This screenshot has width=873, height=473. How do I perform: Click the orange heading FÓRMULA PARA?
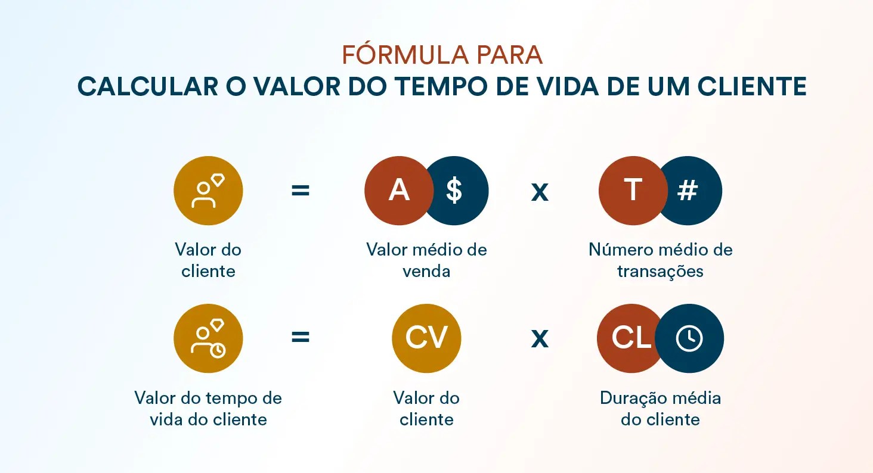point(442,54)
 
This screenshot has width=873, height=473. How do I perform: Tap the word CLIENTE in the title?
point(752,86)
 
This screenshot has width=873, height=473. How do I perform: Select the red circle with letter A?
point(399,191)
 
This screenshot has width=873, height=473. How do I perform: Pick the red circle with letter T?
point(633,191)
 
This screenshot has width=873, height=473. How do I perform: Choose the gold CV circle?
point(426,338)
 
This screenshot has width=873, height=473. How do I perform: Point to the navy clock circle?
point(689,338)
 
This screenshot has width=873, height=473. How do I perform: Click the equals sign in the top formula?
point(301,191)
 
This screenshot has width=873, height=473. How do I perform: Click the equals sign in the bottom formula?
point(301,337)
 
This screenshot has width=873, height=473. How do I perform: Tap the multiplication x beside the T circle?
point(540,192)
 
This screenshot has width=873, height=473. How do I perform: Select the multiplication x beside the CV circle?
point(540,339)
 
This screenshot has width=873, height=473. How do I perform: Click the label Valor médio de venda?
point(426,260)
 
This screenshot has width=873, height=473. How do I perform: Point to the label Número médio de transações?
point(660,260)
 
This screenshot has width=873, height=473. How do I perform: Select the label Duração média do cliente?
point(660,409)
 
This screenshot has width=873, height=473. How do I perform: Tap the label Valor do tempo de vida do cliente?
point(208,409)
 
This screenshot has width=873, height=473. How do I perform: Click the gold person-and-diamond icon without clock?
point(208,191)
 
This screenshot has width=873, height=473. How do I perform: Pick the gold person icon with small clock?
point(208,338)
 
